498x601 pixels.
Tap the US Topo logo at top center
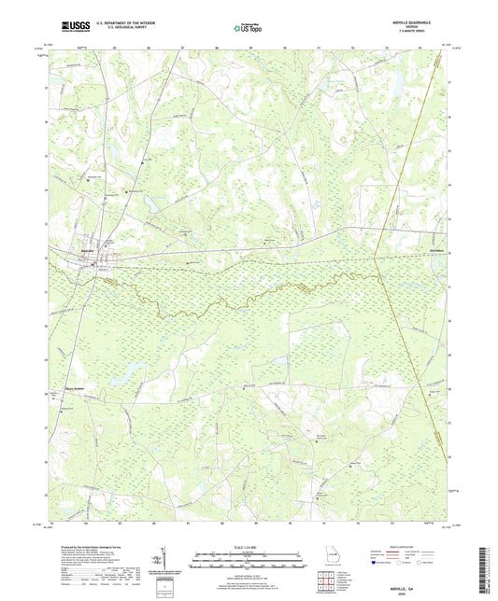pos(247,28)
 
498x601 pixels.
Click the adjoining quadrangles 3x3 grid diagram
pos(326,581)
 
